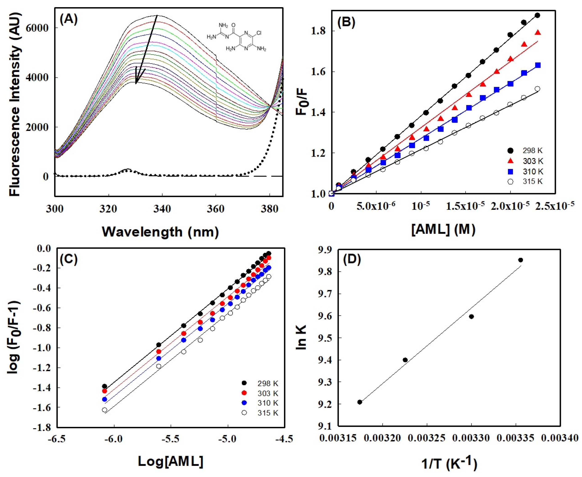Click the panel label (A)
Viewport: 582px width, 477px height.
(68, 20)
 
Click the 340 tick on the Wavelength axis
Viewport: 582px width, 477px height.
(162, 209)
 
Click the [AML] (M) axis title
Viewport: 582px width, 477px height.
(443, 229)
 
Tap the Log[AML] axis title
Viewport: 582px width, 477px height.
(170, 461)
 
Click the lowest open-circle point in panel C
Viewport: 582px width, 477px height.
(104, 410)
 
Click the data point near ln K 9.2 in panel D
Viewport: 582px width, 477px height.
(360, 402)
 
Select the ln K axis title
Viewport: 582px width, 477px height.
(302, 337)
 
